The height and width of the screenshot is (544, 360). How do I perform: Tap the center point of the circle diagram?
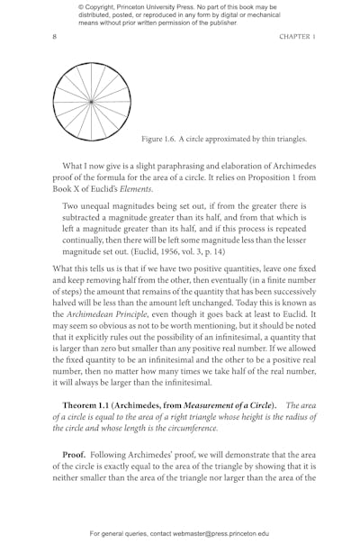(x=92, y=102)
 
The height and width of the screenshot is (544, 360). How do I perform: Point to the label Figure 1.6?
(x=161, y=139)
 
